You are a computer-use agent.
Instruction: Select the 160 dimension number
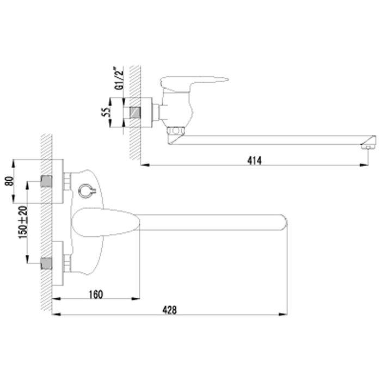95,293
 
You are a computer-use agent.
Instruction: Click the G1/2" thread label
114,79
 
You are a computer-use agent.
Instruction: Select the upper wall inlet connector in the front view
48,181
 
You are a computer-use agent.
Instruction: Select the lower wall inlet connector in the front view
48,264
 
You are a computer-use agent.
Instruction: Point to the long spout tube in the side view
272,140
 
